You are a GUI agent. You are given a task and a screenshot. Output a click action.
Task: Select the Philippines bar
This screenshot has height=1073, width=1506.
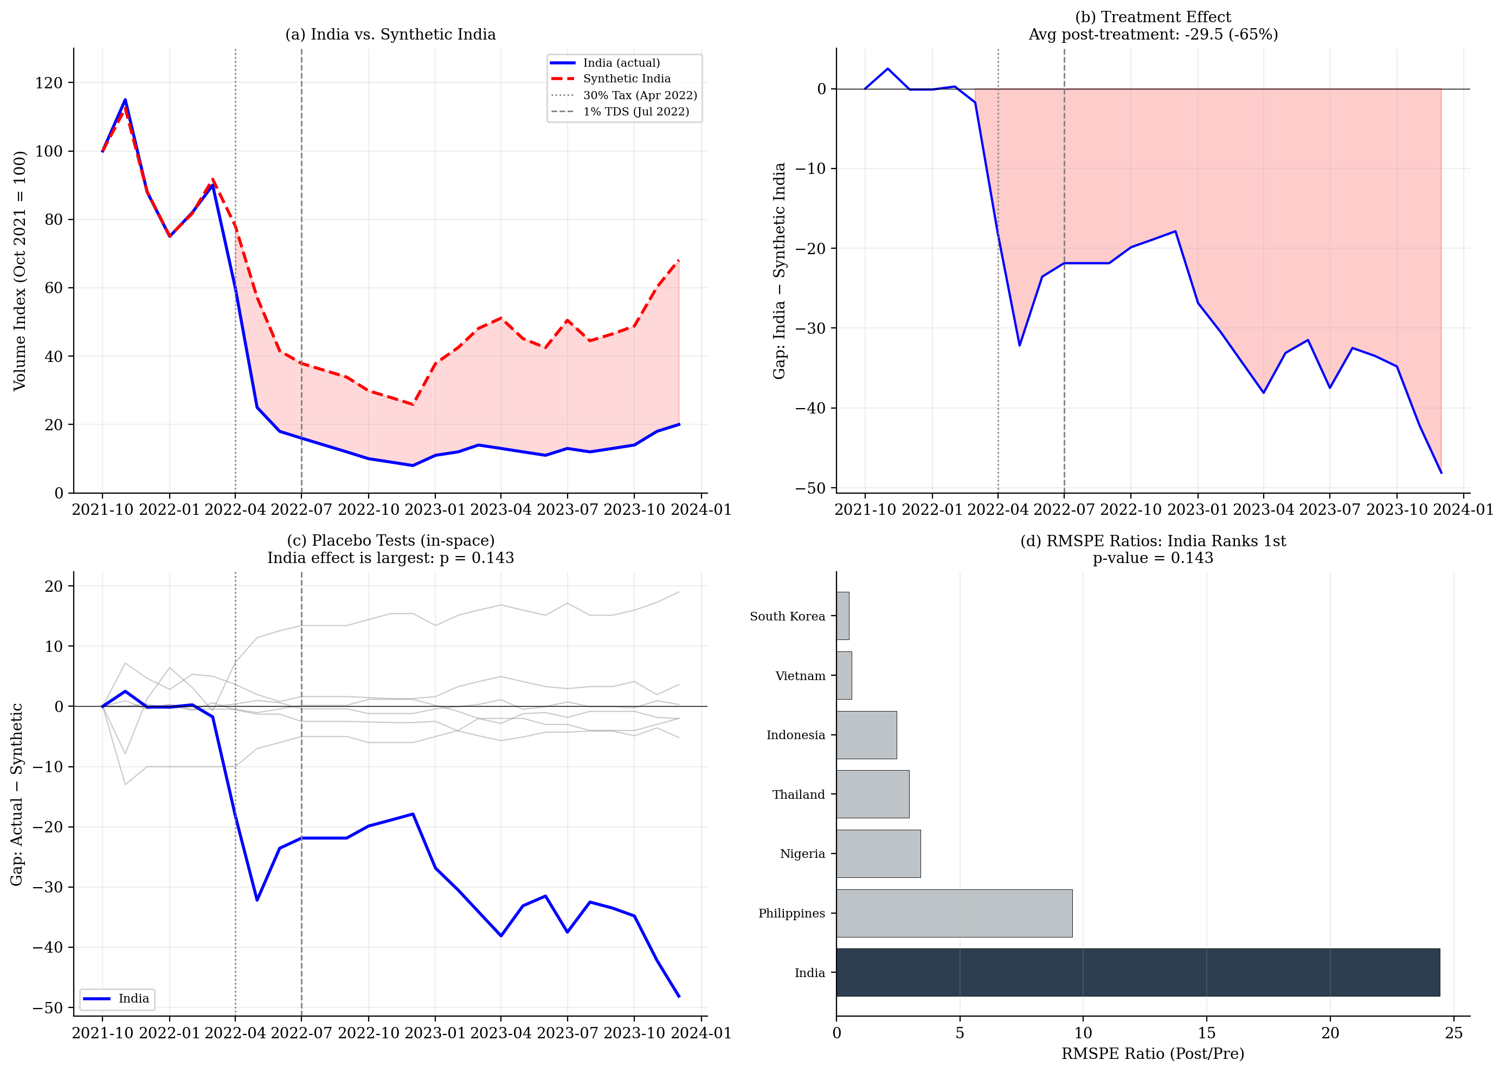pyautogui.click(x=954, y=913)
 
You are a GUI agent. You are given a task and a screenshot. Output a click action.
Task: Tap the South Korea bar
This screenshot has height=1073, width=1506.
pyautogui.click(x=842, y=616)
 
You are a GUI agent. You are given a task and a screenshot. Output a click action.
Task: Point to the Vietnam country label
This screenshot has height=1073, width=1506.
pyautogui.click(x=800, y=676)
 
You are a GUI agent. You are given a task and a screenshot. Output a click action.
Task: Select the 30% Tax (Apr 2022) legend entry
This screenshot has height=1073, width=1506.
pyautogui.click(x=639, y=95)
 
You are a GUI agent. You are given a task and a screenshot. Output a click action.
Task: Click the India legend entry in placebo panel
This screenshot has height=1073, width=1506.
pyautogui.click(x=133, y=998)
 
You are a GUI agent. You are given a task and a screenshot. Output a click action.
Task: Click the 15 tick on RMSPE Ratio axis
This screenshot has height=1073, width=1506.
pyautogui.click(x=1206, y=1033)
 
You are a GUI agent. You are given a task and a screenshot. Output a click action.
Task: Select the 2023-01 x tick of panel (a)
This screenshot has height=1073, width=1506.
pyautogui.click(x=435, y=509)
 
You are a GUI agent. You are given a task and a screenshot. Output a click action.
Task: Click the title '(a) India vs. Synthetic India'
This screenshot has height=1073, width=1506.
pyautogui.click(x=390, y=34)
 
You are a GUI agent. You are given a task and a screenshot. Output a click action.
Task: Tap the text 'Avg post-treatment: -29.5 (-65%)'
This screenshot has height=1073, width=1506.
pyautogui.click(x=1153, y=34)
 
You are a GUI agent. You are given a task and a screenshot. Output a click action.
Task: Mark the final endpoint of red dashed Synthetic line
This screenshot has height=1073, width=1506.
pyautogui.click(x=679, y=260)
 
